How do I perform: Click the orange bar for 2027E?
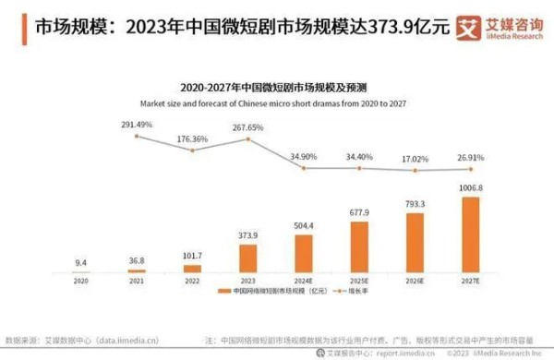pos(471,234)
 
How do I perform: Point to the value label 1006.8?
pos(471,188)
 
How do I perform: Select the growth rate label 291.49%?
pos(137,124)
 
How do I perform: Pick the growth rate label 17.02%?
pos(415,158)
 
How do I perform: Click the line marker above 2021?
pos(137,137)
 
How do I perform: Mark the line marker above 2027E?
pos(471,169)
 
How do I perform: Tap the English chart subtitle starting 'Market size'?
pos(277,102)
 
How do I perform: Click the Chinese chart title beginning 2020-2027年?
pos(277,88)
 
